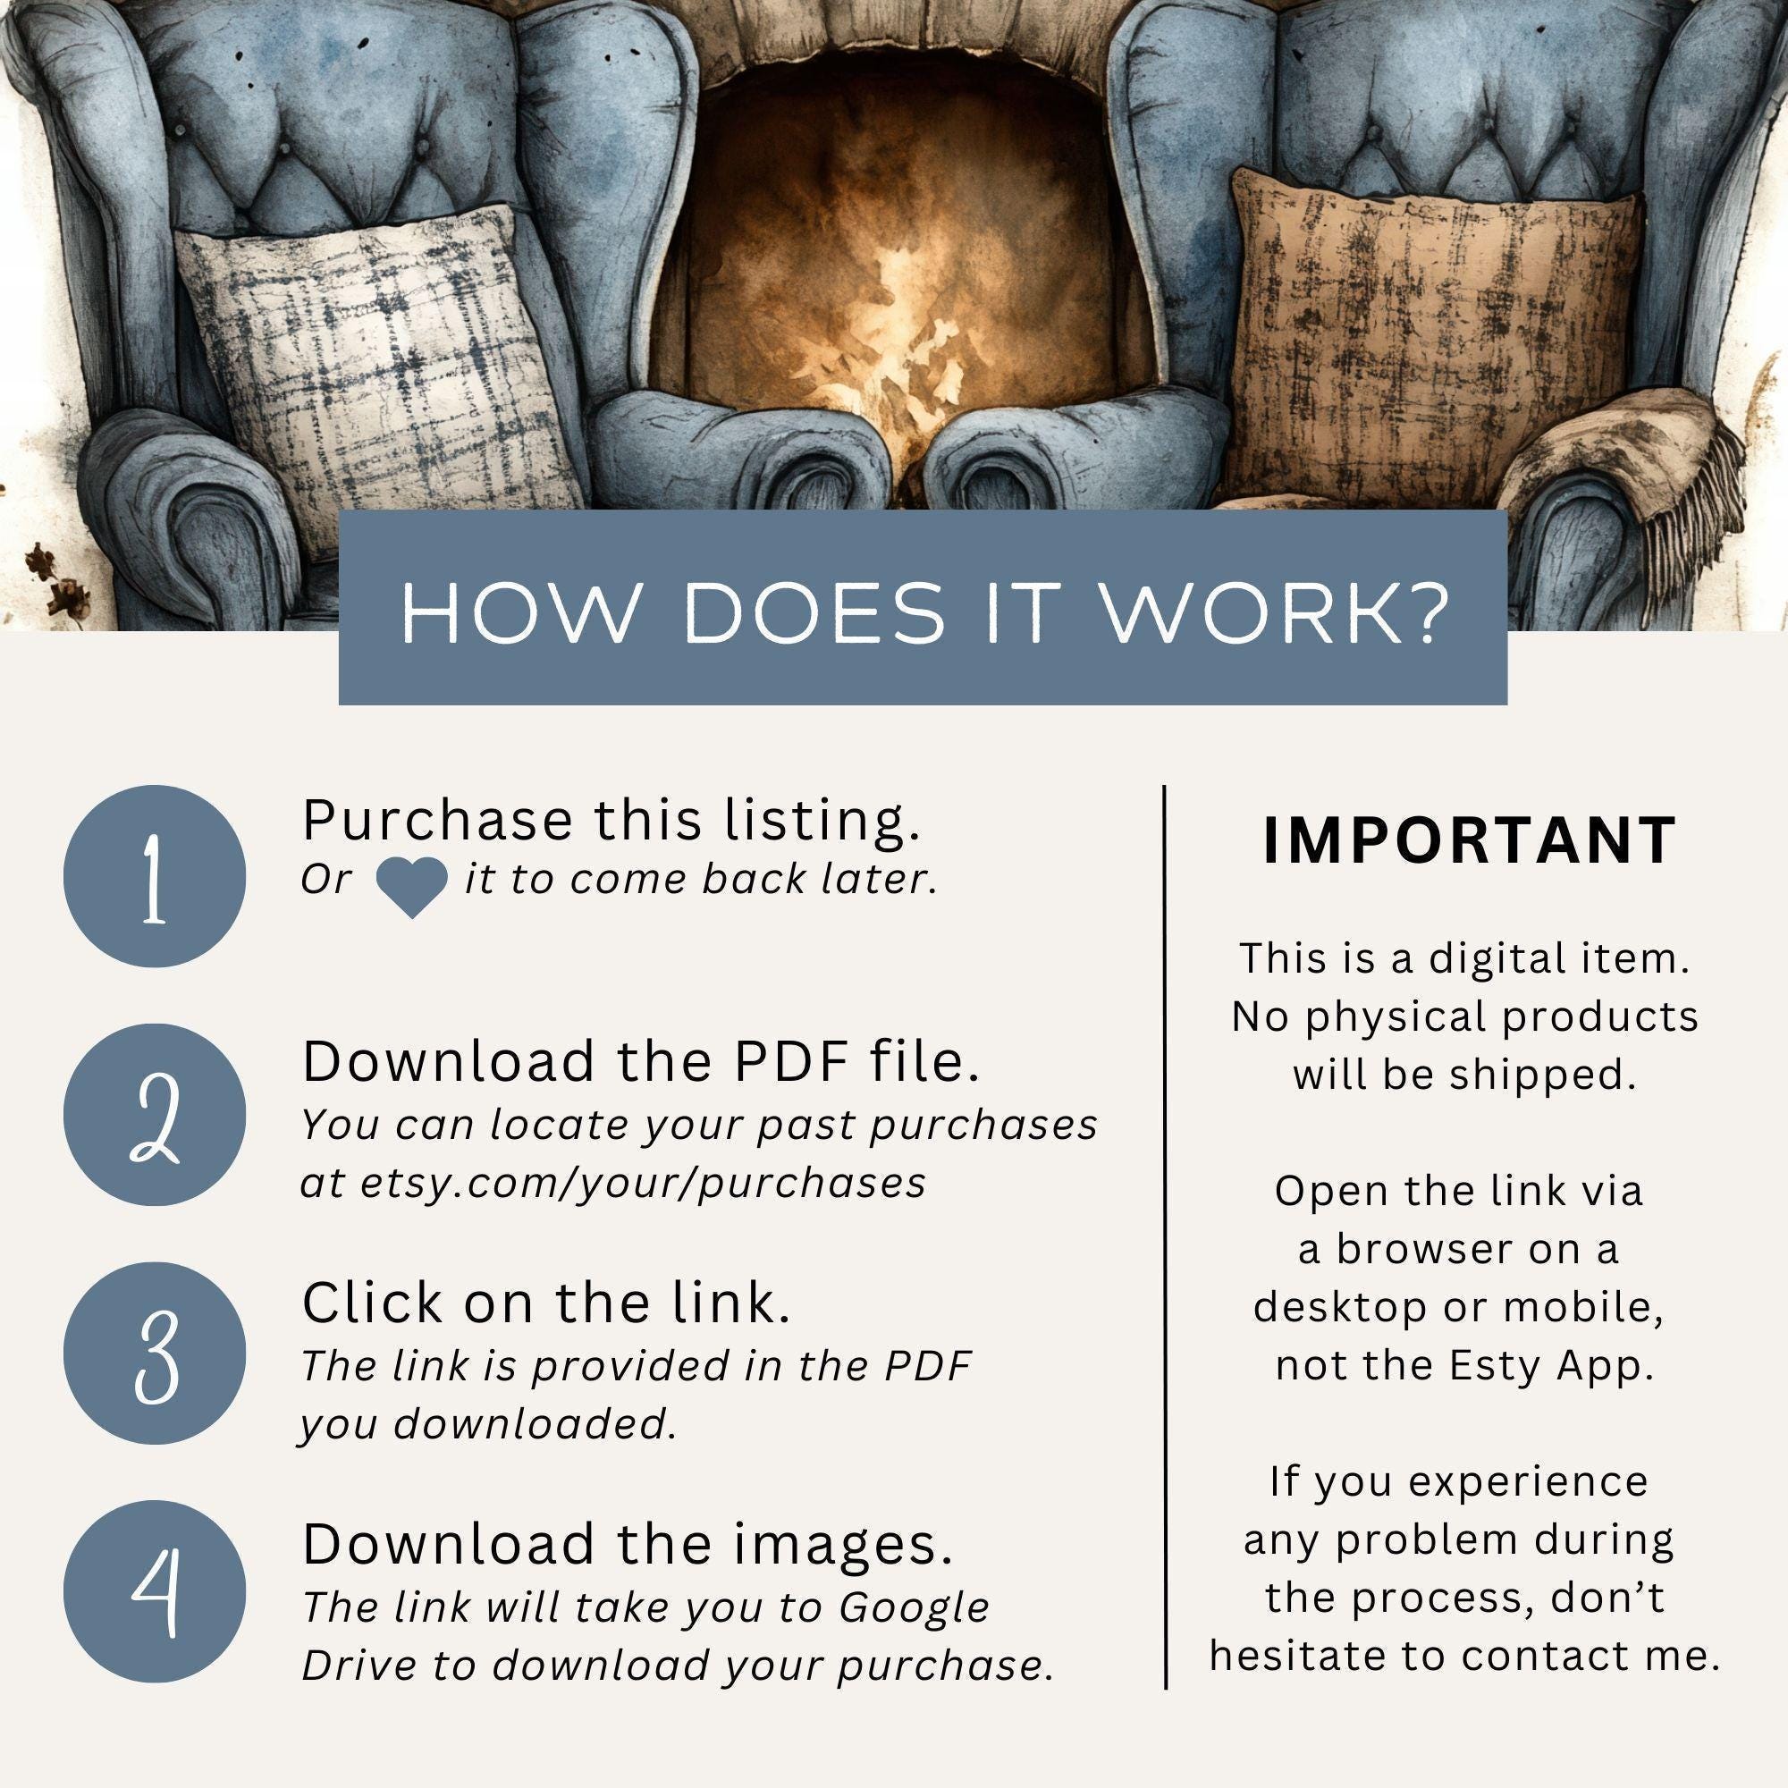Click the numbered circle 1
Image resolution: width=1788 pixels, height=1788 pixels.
point(155,876)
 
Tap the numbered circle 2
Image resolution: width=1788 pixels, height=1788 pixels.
point(155,1115)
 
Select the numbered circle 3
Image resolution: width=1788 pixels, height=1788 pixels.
point(155,1354)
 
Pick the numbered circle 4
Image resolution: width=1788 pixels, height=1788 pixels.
point(155,1592)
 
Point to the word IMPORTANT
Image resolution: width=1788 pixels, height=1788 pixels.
point(1470,840)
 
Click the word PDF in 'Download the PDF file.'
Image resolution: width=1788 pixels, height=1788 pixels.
point(792,1061)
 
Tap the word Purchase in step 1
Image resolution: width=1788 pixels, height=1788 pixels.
point(438,820)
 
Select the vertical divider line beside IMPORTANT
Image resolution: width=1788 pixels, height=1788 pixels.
point(1165,1237)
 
